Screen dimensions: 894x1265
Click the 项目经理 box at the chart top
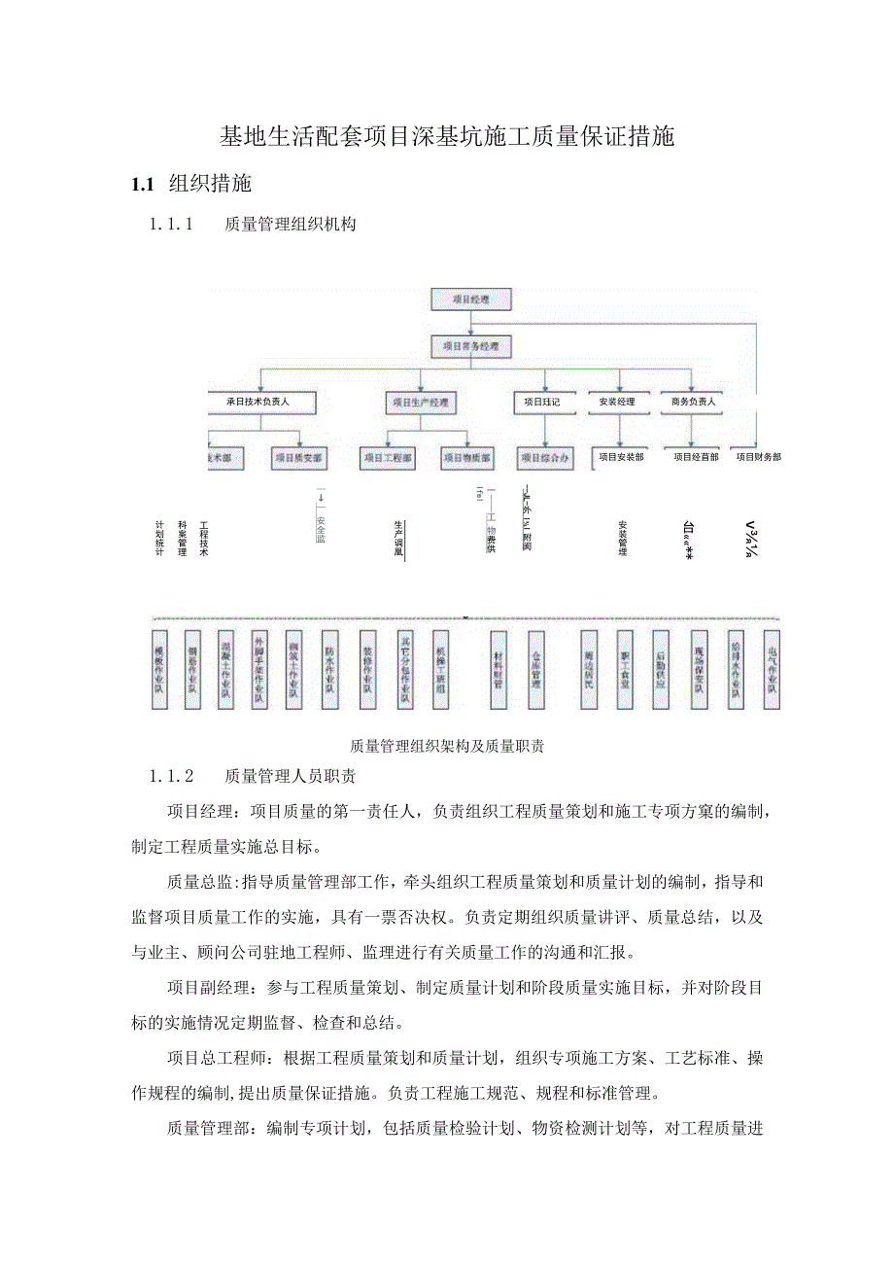coord(470,299)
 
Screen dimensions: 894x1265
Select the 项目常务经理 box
coord(470,345)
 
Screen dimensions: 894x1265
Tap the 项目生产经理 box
coord(421,401)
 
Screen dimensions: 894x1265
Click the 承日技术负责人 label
coord(258,401)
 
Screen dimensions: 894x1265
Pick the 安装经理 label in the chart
coord(617,401)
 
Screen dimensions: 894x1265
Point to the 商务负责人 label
coord(692,401)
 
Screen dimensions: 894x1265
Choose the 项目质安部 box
coord(298,456)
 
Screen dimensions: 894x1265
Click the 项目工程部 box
coord(387,456)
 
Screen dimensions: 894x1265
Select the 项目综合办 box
coord(544,456)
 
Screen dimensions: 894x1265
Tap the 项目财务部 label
coord(758,456)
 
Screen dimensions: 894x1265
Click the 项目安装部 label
coord(620,456)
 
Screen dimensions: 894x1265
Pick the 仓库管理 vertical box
coord(536,667)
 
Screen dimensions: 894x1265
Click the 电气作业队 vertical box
coord(772,667)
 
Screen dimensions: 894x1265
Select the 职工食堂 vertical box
coord(625,667)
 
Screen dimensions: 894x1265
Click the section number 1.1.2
coord(173,776)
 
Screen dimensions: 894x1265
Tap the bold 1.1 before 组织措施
coord(144,184)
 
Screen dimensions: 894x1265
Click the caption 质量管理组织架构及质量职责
coord(447,747)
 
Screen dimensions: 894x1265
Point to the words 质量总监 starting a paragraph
coord(197,882)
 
